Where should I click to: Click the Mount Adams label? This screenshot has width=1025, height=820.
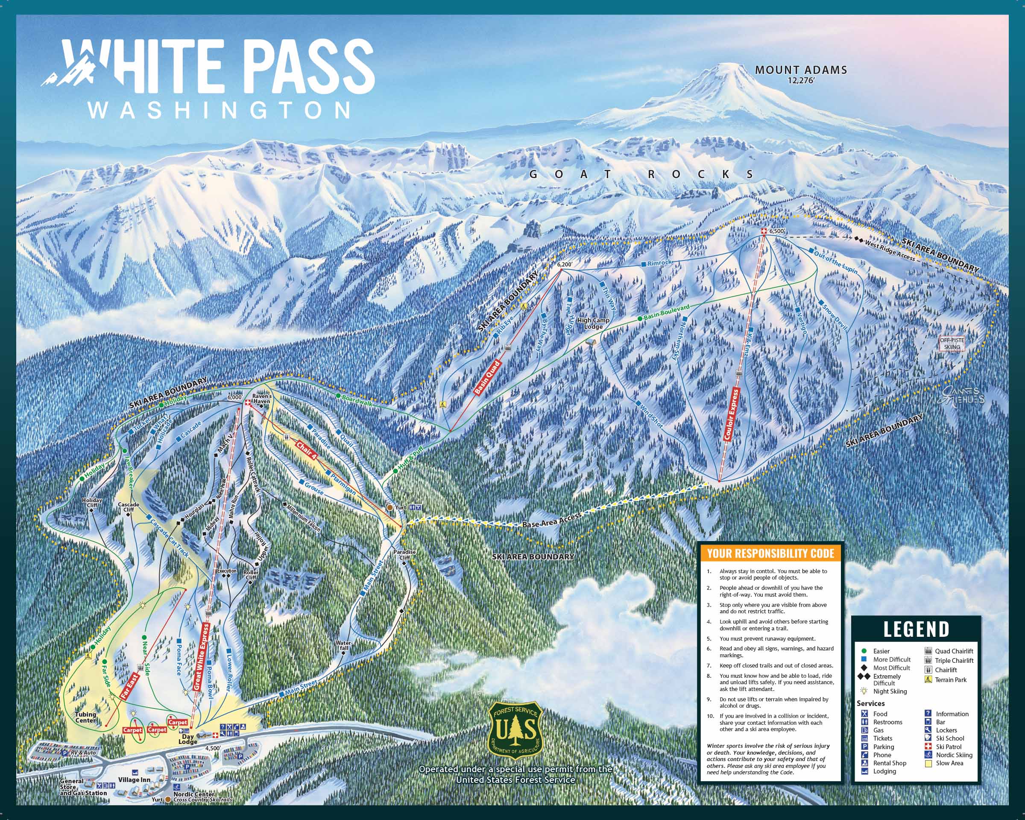[801, 70]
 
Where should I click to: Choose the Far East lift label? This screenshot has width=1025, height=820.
[129, 685]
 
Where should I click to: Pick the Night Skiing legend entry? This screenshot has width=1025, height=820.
[890, 691]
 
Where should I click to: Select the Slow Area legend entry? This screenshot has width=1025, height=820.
[949, 763]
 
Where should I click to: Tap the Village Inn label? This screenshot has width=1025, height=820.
[135, 779]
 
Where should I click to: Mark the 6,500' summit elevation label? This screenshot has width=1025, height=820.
[776, 231]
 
